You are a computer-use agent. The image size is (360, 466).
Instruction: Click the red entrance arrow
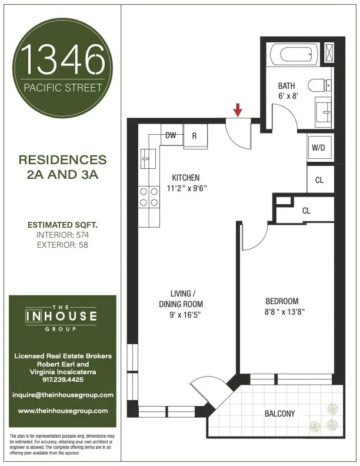click(x=238, y=109)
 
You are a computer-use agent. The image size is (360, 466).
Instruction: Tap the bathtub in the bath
click(x=298, y=55)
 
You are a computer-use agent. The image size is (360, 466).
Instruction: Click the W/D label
click(x=318, y=148)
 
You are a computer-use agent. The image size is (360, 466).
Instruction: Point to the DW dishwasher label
click(x=171, y=135)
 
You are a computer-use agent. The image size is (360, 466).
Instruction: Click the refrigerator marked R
click(x=194, y=135)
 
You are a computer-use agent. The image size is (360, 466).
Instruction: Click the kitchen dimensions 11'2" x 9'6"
click(x=185, y=189)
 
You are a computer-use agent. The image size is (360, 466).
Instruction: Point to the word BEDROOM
click(x=282, y=301)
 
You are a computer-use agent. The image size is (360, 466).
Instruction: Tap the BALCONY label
click(x=279, y=414)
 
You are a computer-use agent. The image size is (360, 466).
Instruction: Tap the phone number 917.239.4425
click(x=63, y=380)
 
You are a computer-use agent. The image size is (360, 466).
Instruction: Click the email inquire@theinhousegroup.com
click(x=63, y=395)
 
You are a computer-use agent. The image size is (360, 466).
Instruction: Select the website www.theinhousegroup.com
click(x=63, y=410)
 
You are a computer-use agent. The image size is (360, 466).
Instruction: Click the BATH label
click(x=286, y=86)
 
